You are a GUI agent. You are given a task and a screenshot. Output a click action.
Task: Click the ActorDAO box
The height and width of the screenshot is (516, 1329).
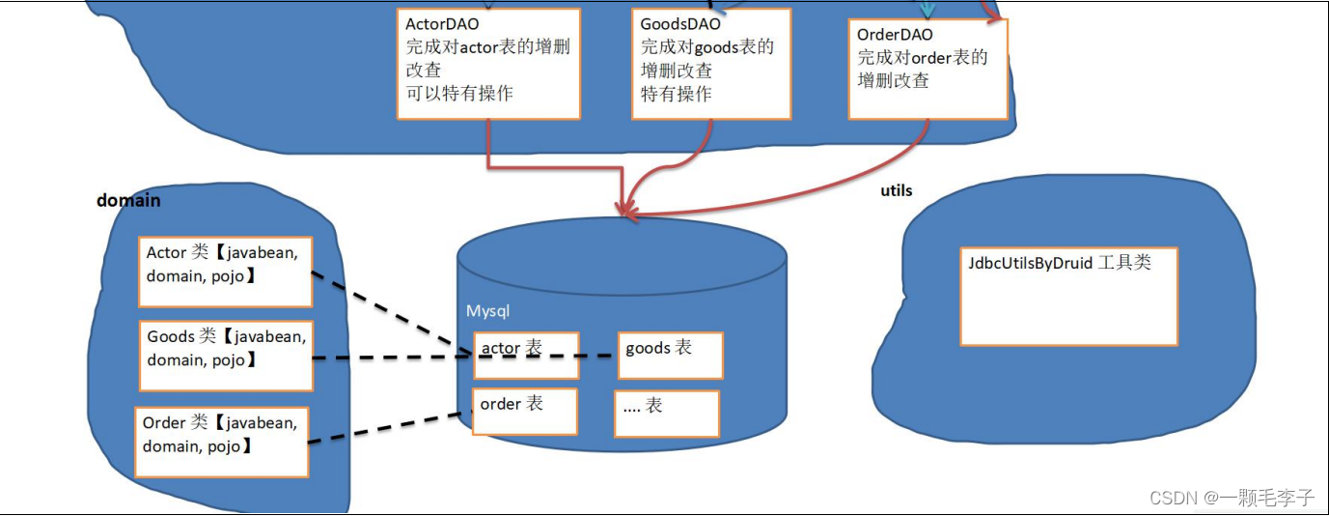488,64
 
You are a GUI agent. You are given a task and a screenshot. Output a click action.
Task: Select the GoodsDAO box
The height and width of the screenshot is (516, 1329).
711,64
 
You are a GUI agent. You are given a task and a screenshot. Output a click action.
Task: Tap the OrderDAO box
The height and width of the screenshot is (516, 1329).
928,69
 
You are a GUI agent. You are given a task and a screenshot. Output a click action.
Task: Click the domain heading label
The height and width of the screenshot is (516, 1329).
128,201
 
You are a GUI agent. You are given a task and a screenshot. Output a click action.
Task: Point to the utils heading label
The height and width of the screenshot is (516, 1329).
897,190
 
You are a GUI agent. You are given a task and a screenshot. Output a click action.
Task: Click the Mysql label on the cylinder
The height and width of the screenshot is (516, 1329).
487,311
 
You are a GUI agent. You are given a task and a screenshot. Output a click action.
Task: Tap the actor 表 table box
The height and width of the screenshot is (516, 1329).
526,356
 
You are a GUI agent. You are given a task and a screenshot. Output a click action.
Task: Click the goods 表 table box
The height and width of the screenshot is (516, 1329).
670,356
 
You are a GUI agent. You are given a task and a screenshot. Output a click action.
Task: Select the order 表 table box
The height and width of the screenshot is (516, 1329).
525,412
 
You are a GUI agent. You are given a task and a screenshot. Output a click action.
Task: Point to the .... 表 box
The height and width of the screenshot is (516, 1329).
667,414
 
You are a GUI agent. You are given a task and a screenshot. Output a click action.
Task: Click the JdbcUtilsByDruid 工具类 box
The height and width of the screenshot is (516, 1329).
1068,297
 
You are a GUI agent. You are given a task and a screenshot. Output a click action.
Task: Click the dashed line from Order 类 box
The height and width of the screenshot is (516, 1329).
386,428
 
